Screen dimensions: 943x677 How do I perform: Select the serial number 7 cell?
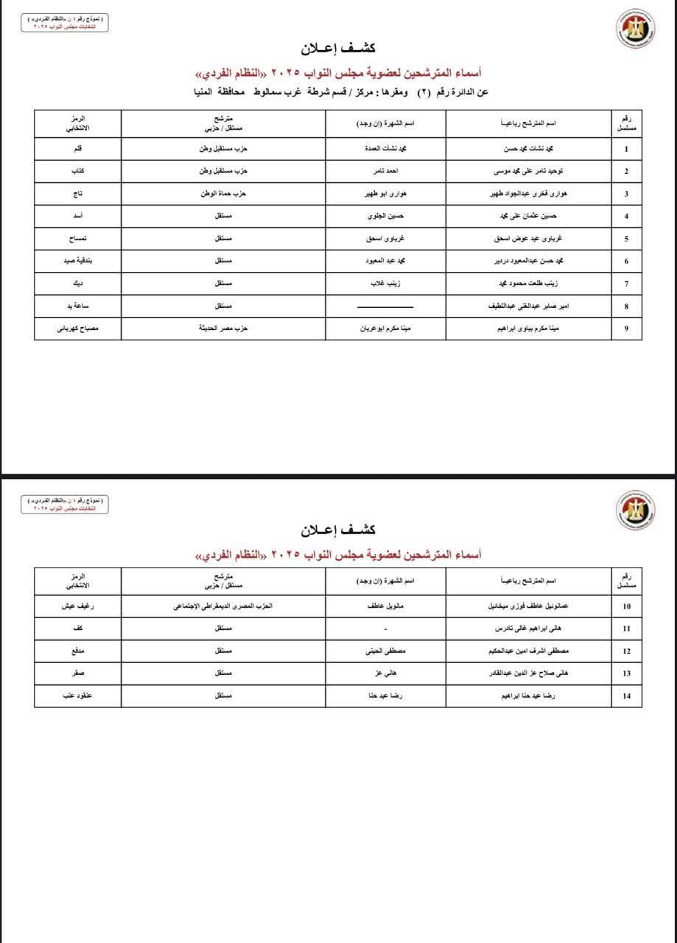click(626, 284)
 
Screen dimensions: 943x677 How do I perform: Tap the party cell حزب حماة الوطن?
click(223, 194)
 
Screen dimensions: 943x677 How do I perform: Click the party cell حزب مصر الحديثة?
click(223, 329)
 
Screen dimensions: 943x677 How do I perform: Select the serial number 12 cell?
click(626, 651)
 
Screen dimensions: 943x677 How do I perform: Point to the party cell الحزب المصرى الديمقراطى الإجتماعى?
click(223, 606)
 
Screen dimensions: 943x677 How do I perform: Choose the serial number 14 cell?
click(626, 696)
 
